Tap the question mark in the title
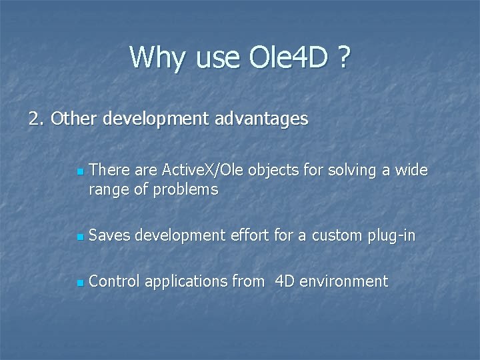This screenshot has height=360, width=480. click(x=343, y=57)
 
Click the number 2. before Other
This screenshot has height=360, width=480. click(x=36, y=119)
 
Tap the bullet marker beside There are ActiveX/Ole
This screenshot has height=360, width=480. click(x=79, y=172)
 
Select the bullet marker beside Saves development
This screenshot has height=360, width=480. click(x=79, y=237)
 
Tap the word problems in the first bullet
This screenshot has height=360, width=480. click(x=185, y=191)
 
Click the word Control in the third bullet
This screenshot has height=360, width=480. click(x=114, y=281)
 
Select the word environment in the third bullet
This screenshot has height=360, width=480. click(x=343, y=281)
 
